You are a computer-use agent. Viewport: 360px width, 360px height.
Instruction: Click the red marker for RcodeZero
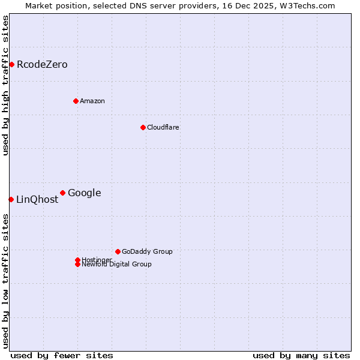[11, 64]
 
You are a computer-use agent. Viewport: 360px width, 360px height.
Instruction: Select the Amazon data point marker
[76, 101]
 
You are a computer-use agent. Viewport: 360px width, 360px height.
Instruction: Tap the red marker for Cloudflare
[143, 127]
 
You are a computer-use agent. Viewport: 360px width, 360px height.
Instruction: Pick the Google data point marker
[62, 193]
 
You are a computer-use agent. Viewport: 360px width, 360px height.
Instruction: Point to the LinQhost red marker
[11, 199]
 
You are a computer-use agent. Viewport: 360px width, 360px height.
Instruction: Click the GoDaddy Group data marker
[118, 251]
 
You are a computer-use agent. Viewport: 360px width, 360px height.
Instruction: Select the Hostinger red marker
[77, 260]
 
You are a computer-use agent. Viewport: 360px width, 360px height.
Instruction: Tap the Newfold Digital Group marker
[77, 264]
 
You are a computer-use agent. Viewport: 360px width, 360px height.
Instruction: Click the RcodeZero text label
[42, 64]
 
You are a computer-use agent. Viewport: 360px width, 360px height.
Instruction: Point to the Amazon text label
[92, 101]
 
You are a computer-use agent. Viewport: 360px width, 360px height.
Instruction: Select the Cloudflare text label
[163, 127]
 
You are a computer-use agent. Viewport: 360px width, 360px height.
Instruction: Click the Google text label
[85, 193]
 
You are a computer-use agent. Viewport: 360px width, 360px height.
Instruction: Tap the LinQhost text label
[37, 200]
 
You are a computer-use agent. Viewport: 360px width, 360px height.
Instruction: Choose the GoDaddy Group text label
[147, 251]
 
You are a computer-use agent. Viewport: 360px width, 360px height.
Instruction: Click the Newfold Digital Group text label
[117, 265]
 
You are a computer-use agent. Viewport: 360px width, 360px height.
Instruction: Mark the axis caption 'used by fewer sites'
[62, 355]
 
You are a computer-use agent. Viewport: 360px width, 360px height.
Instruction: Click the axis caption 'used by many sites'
[301, 355]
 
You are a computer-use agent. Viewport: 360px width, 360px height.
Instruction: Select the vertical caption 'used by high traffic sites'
[5, 85]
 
